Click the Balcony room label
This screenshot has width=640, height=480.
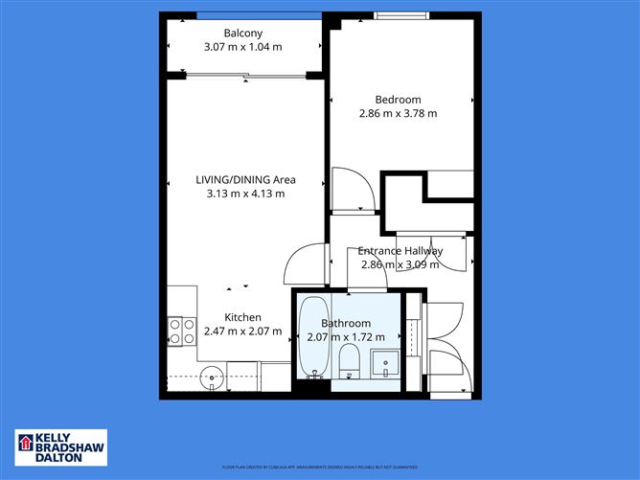243,33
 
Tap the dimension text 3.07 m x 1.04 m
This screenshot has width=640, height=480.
243,47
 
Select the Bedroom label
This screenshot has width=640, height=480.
398,100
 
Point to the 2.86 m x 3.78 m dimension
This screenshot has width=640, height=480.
398,114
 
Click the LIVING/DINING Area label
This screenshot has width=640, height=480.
245,179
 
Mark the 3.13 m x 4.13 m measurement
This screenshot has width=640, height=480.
245,194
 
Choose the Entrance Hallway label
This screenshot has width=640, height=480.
400,251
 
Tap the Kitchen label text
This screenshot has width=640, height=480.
242,318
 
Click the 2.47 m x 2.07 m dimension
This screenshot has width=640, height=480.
242,332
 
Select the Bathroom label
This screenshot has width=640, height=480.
345,323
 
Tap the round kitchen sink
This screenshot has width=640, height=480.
213,377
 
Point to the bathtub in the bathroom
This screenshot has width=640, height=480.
312,340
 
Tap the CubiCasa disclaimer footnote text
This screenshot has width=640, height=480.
320,467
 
